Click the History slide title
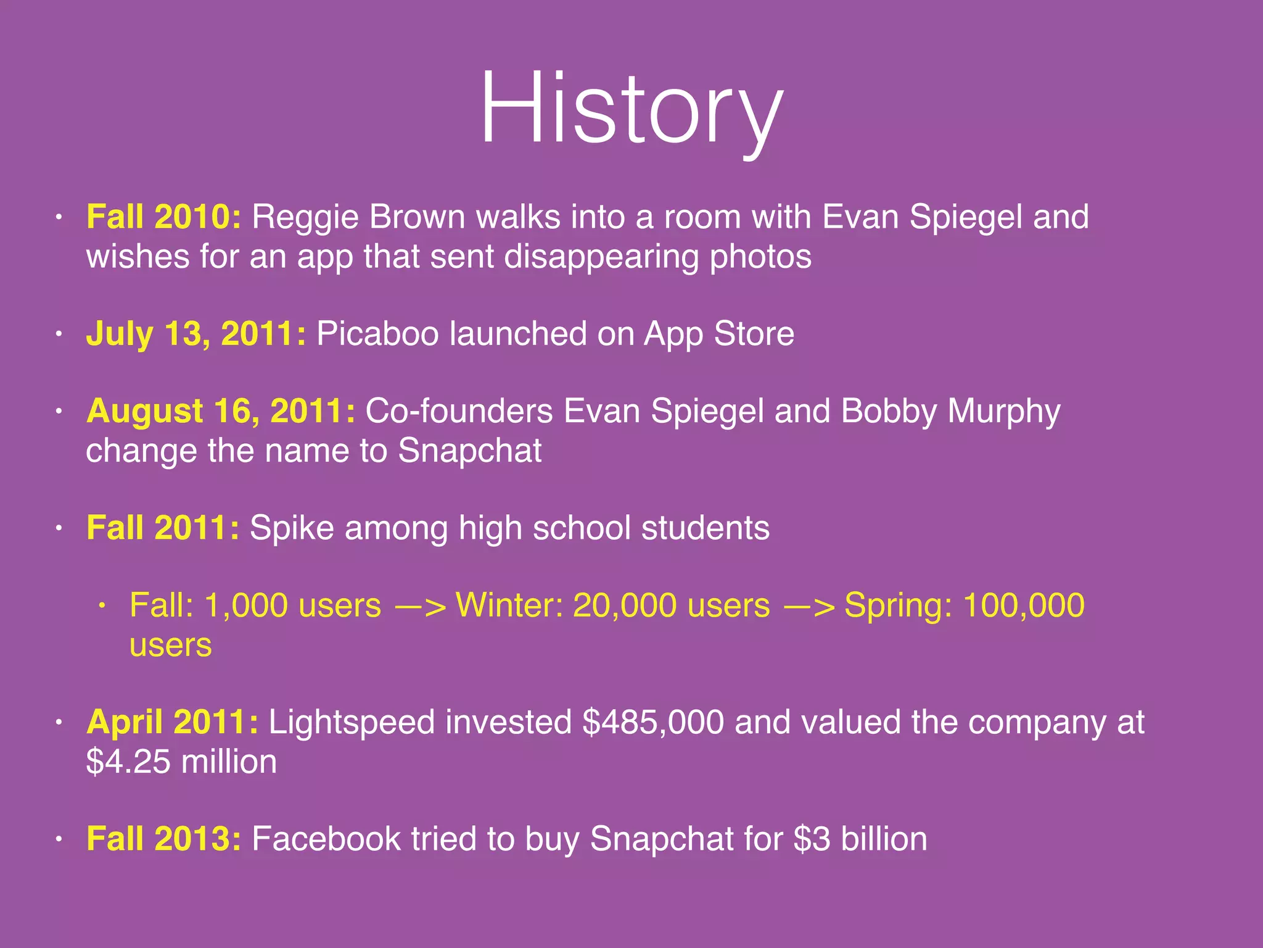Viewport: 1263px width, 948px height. [631, 110]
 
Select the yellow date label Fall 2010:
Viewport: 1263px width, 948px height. [163, 217]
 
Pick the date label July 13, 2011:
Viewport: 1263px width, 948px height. [195, 334]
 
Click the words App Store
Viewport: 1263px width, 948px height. [719, 334]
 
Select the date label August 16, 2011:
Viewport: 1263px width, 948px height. [220, 411]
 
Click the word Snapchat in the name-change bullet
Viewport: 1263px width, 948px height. [469, 451]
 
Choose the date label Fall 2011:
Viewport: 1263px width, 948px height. [163, 528]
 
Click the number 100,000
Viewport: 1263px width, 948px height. [1023, 605]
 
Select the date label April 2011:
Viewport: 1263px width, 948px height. [172, 722]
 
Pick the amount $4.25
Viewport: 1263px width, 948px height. [128, 762]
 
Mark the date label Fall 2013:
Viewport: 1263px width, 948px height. [163, 839]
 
